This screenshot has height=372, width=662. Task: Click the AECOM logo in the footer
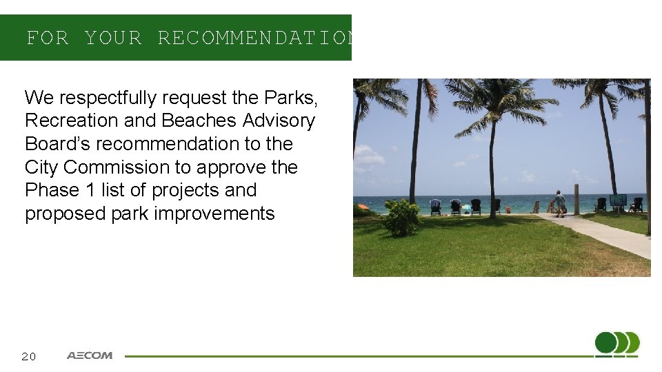[90, 355]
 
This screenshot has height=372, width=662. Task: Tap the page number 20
[28, 356]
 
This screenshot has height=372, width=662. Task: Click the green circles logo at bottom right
[616, 343]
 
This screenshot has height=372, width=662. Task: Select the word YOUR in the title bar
[113, 38]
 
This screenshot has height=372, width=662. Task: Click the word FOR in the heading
[48, 38]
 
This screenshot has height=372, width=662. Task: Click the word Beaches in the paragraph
[200, 121]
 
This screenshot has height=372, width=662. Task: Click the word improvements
[214, 214]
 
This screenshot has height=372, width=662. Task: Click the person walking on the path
[559, 203]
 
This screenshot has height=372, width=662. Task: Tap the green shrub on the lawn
[401, 217]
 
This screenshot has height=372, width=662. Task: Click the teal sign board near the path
[617, 200]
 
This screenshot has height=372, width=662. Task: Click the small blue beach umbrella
[466, 207]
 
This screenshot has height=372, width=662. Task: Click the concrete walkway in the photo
[607, 234]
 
